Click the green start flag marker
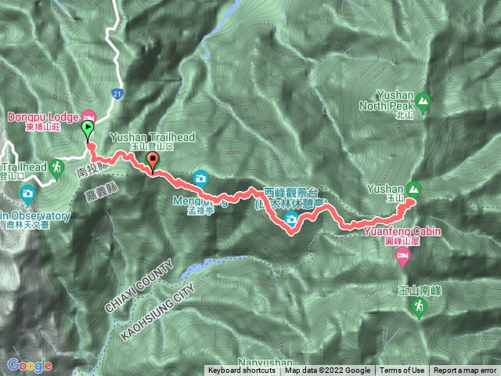coord(88,129)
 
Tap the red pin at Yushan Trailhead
coord(152,161)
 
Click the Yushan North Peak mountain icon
coord(423,100)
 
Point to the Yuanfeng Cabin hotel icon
coord(402,256)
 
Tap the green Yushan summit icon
coord(413,188)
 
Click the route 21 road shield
coord(117,92)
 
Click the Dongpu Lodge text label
coord(42,117)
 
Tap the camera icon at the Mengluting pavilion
coord(200,178)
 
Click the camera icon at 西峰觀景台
coord(291,219)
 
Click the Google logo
coord(29,365)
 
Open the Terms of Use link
coord(402,371)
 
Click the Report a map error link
coord(466,371)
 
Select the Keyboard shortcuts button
coord(241,371)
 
